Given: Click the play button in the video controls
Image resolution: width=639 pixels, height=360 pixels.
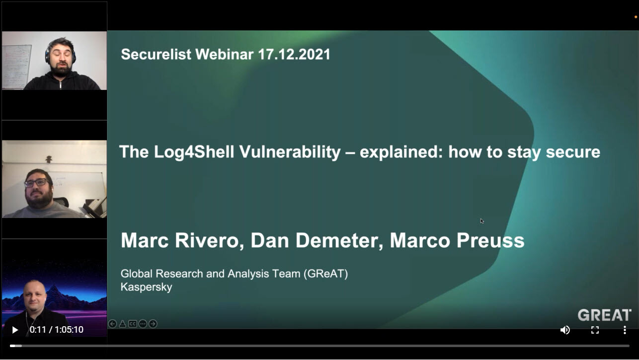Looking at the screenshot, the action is [15, 330].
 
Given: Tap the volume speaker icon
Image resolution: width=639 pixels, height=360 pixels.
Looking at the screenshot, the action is [565, 330].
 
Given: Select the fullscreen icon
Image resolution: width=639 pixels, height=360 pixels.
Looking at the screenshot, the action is [595, 330].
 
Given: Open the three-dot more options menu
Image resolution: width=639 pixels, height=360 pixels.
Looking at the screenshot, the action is [625, 330].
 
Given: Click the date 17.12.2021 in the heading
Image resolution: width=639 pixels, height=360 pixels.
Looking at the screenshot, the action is [294, 54].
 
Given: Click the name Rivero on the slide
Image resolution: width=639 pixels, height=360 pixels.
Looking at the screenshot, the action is [209, 240].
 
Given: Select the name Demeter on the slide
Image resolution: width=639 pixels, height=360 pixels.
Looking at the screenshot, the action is [339, 240].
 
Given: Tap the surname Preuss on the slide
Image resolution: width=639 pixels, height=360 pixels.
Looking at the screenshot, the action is [490, 240].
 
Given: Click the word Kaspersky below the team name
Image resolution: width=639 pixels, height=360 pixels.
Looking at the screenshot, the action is [147, 287].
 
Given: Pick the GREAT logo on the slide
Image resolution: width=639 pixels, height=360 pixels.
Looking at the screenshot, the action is [605, 315].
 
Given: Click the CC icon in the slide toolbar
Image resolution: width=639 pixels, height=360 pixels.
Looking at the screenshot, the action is [133, 324].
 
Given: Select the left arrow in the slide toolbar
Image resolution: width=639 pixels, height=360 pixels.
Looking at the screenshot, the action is [112, 324].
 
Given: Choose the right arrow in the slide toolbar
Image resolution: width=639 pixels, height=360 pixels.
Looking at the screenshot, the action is [153, 324].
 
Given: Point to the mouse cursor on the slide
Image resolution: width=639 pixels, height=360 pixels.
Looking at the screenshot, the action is [482, 221].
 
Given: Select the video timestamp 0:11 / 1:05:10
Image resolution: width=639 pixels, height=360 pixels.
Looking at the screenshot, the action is [57, 330].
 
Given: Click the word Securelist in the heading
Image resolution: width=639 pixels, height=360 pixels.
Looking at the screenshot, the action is [156, 54].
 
